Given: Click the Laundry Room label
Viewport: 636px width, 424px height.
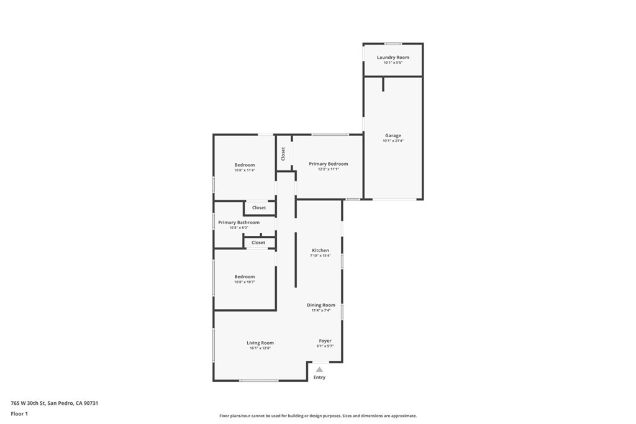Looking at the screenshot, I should pyautogui.click(x=393, y=57).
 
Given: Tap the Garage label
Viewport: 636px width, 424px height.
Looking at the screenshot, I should pyautogui.click(x=393, y=135).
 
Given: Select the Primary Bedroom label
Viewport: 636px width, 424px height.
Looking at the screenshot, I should pyautogui.click(x=329, y=164).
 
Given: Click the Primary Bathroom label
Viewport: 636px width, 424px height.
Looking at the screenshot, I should pyautogui.click(x=238, y=222).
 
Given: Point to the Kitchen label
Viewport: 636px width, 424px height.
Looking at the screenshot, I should pyautogui.click(x=320, y=250).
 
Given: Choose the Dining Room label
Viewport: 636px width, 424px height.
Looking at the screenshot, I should pyautogui.click(x=321, y=305).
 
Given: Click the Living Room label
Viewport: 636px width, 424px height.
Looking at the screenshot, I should pyautogui.click(x=260, y=343).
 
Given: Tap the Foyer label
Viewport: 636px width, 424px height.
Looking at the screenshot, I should pyautogui.click(x=325, y=341).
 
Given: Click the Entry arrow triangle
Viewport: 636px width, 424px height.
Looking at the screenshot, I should pyautogui.click(x=319, y=369).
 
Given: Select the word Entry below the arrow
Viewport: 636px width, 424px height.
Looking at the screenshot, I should pyautogui.click(x=319, y=377).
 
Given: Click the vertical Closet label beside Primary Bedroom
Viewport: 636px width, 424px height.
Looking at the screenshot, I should pyautogui.click(x=283, y=153).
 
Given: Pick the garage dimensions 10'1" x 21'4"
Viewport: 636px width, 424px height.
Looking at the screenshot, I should pyautogui.click(x=393, y=141).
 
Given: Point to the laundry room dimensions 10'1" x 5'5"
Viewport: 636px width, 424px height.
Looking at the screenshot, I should pyautogui.click(x=393, y=63).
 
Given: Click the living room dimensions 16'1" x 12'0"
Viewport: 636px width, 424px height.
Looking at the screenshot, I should pyautogui.click(x=260, y=348).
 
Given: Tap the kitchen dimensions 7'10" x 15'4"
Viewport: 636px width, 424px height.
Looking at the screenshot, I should pyautogui.click(x=320, y=256).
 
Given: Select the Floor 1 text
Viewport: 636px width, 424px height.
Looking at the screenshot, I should pyautogui.click(x=19, y=413).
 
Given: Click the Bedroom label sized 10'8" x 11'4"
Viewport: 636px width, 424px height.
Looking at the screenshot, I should pyautogui.click(x=245, y=165).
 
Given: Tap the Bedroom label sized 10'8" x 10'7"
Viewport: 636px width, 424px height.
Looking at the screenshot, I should pyautogui.click(x=245, y=277).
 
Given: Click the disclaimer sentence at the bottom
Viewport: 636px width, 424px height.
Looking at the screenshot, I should pyautogui.click(x=318, y=416).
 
